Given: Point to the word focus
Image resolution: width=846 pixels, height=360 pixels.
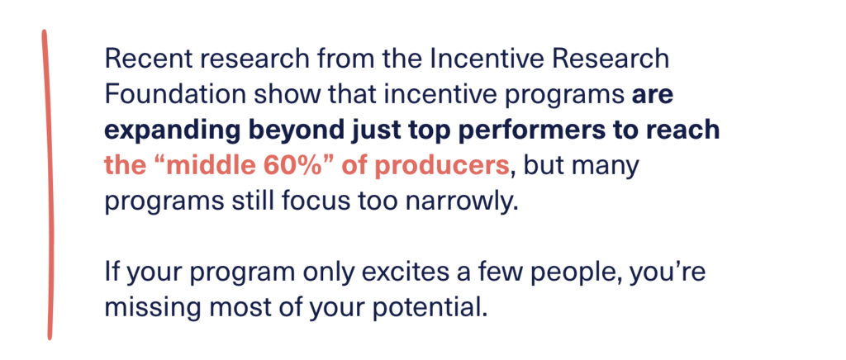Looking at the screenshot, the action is click(x=326, y=204).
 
